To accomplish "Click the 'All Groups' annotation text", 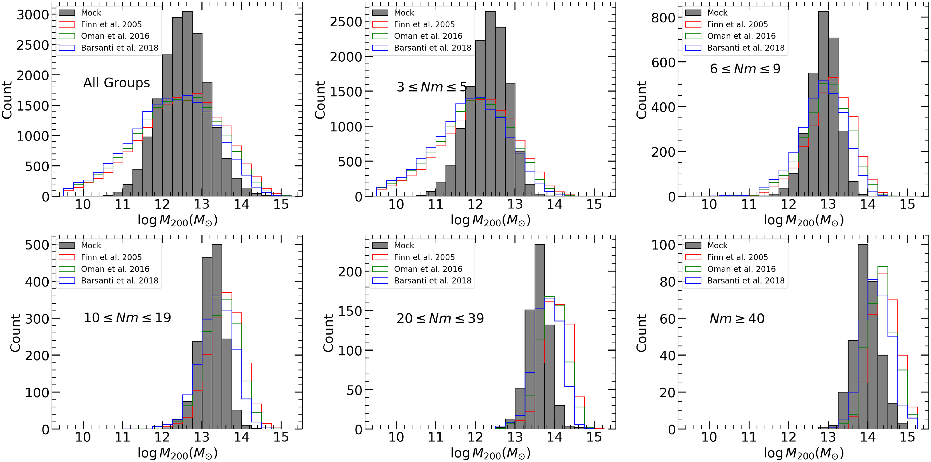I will coord(116,83).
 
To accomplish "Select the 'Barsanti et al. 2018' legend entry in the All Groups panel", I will coord(119,48).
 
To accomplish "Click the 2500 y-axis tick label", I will coord(346,22).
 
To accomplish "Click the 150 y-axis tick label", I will coord(350,311).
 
